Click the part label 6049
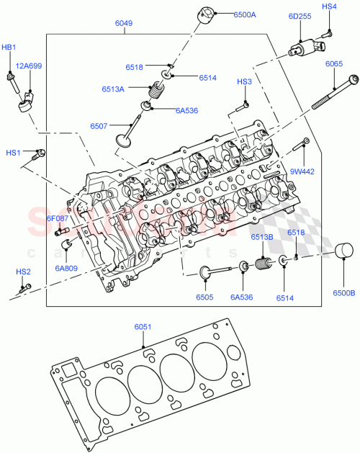click(x=124, y=23)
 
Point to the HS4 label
click(x=328, y=6)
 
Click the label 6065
click(x=334, y=64)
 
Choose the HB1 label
click(x=9, y=47)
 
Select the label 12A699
click(x=30, y=66)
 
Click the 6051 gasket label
click(x=143, y=328)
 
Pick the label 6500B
click(x=344, y=293)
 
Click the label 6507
click(x=99, y=126)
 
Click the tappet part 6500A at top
click(x=210, y=15)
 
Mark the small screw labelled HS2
click(x=26, y=287)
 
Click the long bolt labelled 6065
click(x=333, y=93)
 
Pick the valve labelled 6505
click(x=216, y=272)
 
